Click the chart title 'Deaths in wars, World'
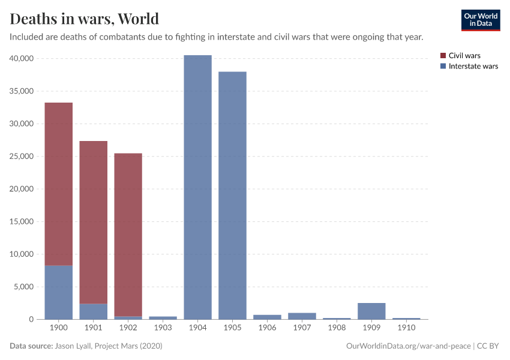pos(84,19)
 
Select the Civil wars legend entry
pos(464,56)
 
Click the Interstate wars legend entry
pos(473,67)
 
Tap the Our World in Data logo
pos(480,20)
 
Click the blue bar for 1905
pos(232,195)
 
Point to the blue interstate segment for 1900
pos(59,292)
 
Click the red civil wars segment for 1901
pos(93,222)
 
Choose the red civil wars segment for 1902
pos(128,235)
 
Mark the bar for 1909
pos(371,311)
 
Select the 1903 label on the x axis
pos(163,328)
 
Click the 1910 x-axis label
pos(406,328)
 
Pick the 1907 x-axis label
pos(302,328)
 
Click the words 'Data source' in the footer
pos(31,346)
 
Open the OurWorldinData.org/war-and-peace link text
pos(409,346)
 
